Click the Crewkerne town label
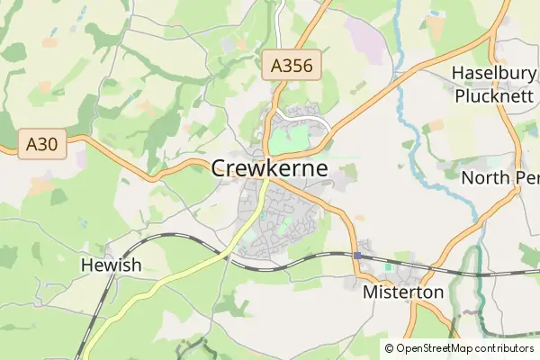click(x=269, y=168)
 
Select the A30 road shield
click(x=42, y=143)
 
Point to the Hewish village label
click(x=111, y=265)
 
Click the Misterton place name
click(x=403, y=292)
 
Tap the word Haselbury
click(x=494, y=73)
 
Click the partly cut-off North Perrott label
click(x=499, y=177)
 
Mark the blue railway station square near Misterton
click(x=357, y=256)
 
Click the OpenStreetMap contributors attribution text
click(x=464, y=348)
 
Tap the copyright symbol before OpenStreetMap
click(x=389, y=348)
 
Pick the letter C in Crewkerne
click(x=220, y=168)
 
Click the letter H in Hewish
click(x=86, y=265)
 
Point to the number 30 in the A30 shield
click(x=48, y=143)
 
